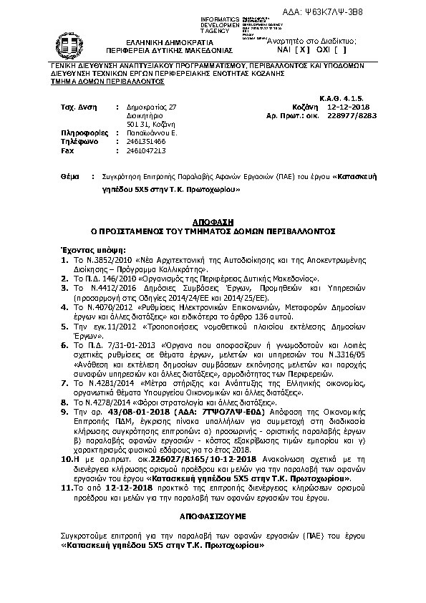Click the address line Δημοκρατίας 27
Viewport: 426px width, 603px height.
(x=151, y=106)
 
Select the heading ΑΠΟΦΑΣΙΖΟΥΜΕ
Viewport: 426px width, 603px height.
(x=212, y=515)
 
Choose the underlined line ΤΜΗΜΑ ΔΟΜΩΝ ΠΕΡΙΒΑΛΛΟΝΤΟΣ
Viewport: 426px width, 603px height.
(x=102, y=82)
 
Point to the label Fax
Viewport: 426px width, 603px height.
(x=68, y=151)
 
